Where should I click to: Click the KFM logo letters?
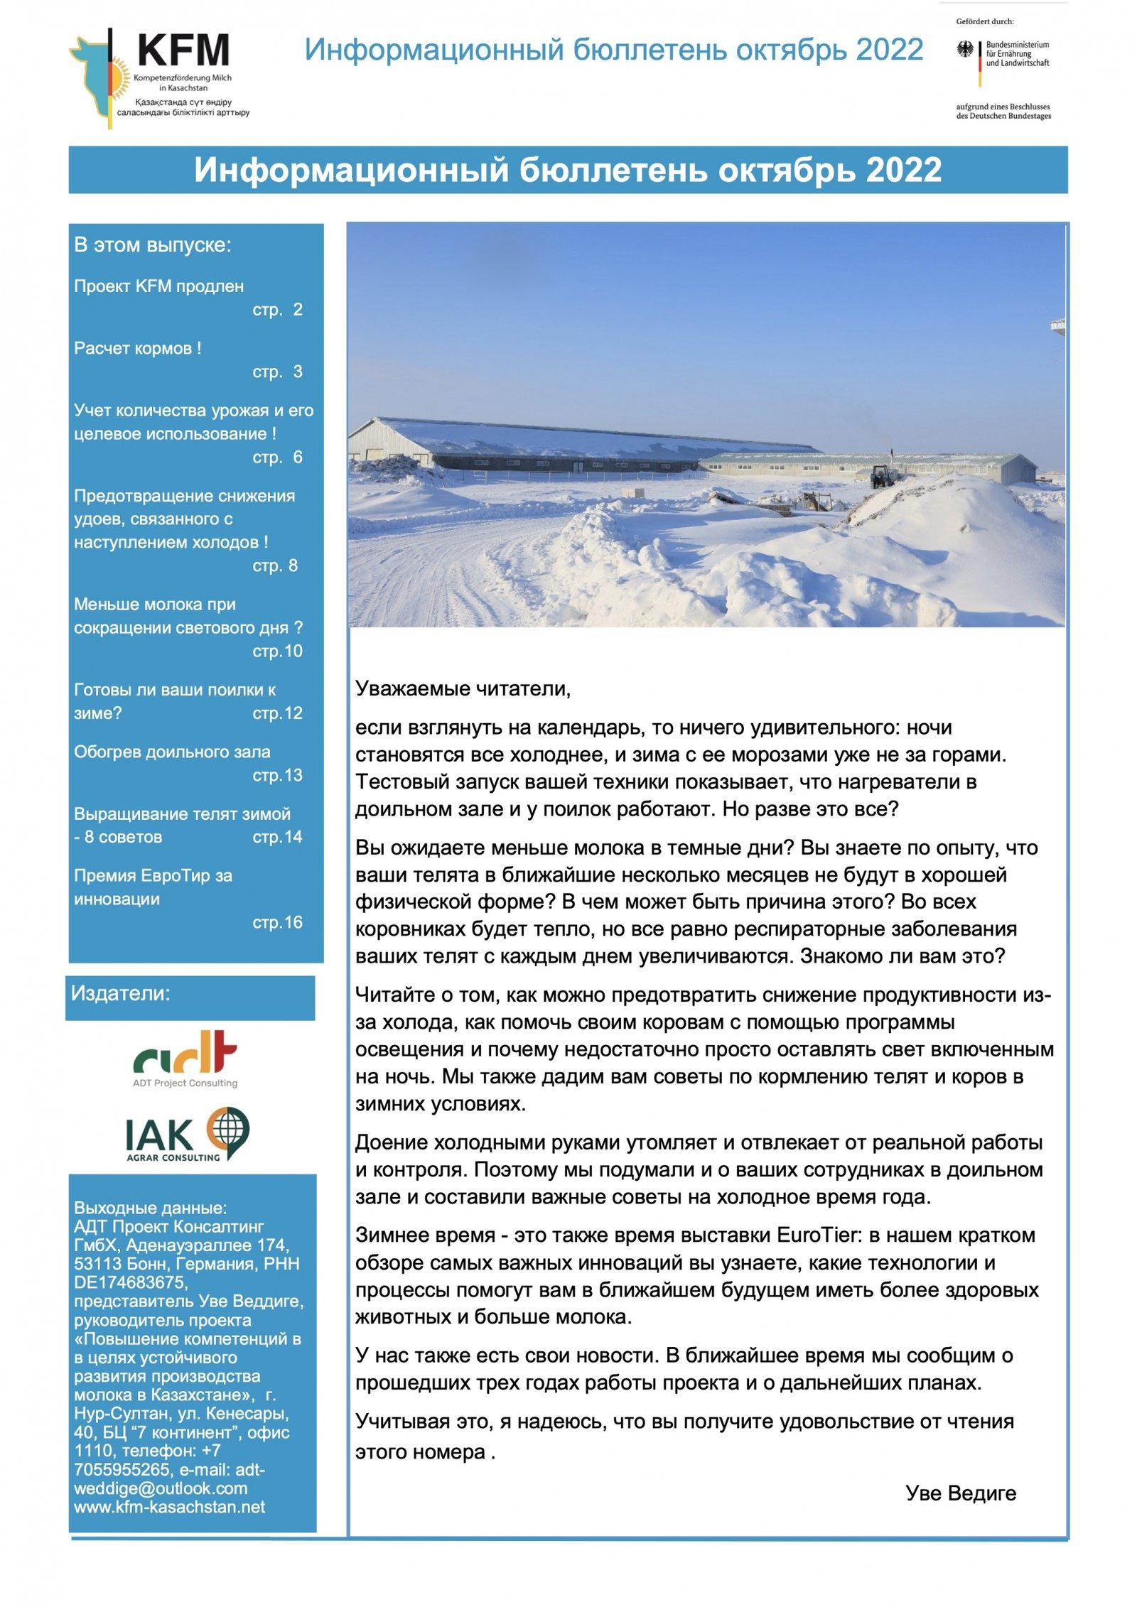183,50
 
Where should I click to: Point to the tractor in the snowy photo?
883,475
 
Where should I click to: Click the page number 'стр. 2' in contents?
277,310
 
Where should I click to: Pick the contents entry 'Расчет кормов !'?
138,348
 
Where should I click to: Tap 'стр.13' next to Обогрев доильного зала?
277,775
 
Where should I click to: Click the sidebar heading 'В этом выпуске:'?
153,245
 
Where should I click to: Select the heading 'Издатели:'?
121,993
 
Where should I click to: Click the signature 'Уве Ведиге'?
960,1493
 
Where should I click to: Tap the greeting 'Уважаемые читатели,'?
463,688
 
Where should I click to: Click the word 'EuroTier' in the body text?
819,1235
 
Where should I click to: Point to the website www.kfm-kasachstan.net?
169,1507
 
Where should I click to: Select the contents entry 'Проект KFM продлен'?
158,286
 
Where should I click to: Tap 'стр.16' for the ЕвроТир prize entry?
277,922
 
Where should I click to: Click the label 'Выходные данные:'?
150,1208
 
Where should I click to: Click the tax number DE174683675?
131,1282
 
